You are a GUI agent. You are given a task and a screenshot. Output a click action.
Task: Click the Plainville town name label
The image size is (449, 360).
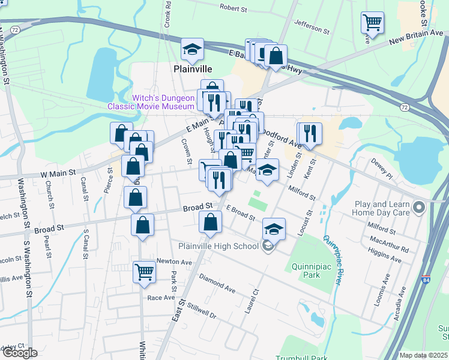point(193,69)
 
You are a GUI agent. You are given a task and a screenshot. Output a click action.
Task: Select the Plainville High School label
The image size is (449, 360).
point(218,245)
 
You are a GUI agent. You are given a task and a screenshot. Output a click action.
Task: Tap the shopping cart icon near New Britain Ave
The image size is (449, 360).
point(372,23)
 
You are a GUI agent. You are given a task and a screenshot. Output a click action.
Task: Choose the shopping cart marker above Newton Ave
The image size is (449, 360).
point(144,272)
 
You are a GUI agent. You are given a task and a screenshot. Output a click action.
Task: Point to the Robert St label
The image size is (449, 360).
point(234,8)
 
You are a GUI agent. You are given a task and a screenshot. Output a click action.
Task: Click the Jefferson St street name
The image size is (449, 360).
point(312,26)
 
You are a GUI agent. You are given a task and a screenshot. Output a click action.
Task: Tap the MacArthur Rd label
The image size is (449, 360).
point(389,248)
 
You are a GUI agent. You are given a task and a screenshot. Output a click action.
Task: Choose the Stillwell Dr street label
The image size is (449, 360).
point(201,311)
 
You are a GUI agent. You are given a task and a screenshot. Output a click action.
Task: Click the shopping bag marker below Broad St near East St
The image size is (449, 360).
point(210,223)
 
